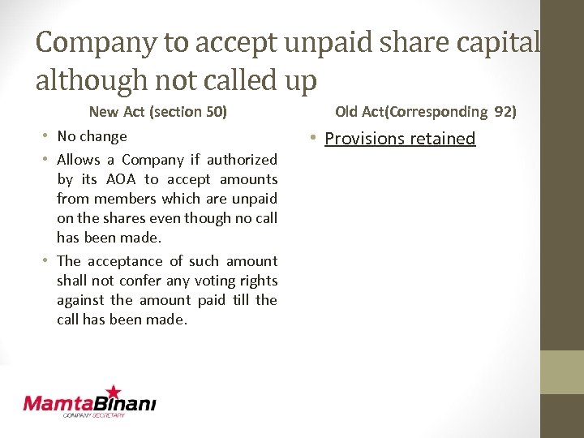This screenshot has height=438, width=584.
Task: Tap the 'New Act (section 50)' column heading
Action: tap(157, 111)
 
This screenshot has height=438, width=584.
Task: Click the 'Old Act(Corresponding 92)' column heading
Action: tap(426, 111)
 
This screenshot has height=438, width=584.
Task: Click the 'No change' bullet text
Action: tap(92, 136)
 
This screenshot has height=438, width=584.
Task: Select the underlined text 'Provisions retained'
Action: tap(400, 139)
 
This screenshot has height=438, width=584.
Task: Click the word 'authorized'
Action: tap(242, 160)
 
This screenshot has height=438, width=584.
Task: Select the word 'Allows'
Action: tap(78, 160)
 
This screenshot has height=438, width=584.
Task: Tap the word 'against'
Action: tap(79, 300)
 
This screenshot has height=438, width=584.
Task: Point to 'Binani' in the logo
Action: tap(127, 403)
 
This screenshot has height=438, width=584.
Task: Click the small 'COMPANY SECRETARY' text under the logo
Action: tap(94, 415)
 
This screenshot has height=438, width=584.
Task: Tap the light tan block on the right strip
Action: tap(561, 372)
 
